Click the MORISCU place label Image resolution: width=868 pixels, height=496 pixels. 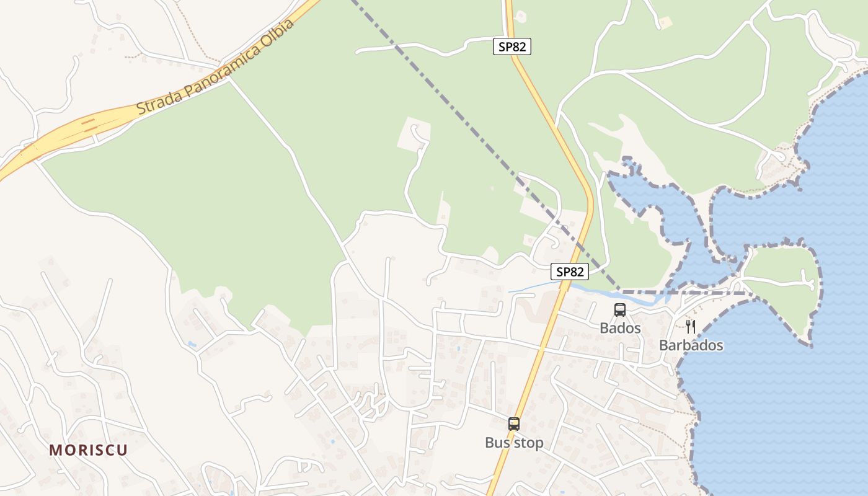[x=88, y=450]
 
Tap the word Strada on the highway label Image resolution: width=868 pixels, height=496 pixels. [x=156, y=102]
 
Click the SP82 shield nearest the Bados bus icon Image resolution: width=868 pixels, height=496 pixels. [x=569, y=272]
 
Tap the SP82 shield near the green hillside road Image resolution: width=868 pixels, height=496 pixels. [x=512, y=46]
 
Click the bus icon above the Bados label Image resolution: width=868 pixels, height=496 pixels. [x=619, y=310]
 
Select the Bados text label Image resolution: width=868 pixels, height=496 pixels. [x=620, y=328]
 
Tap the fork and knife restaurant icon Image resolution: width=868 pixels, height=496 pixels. [x=691, y=327]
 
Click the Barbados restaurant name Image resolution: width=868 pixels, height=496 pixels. [x=691, y=345]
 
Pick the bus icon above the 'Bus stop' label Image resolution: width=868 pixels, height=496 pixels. [x=514, y=424]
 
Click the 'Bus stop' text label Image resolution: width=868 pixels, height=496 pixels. [x=514, y=443]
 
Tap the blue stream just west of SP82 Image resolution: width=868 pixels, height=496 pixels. [x=533, y=288]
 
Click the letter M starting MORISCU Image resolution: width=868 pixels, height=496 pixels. [x=55, y=450]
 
